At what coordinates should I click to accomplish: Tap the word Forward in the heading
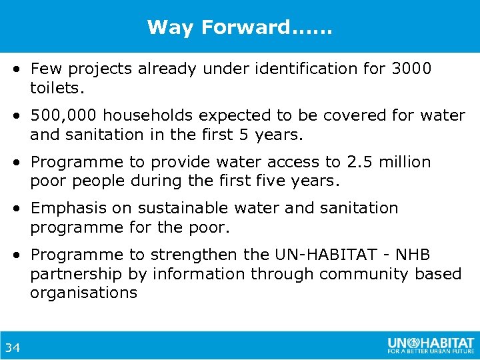coord(245,27)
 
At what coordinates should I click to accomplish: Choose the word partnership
coord(76,274)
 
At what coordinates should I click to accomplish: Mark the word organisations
coord(83,293)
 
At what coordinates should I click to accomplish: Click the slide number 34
coord(13,347)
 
